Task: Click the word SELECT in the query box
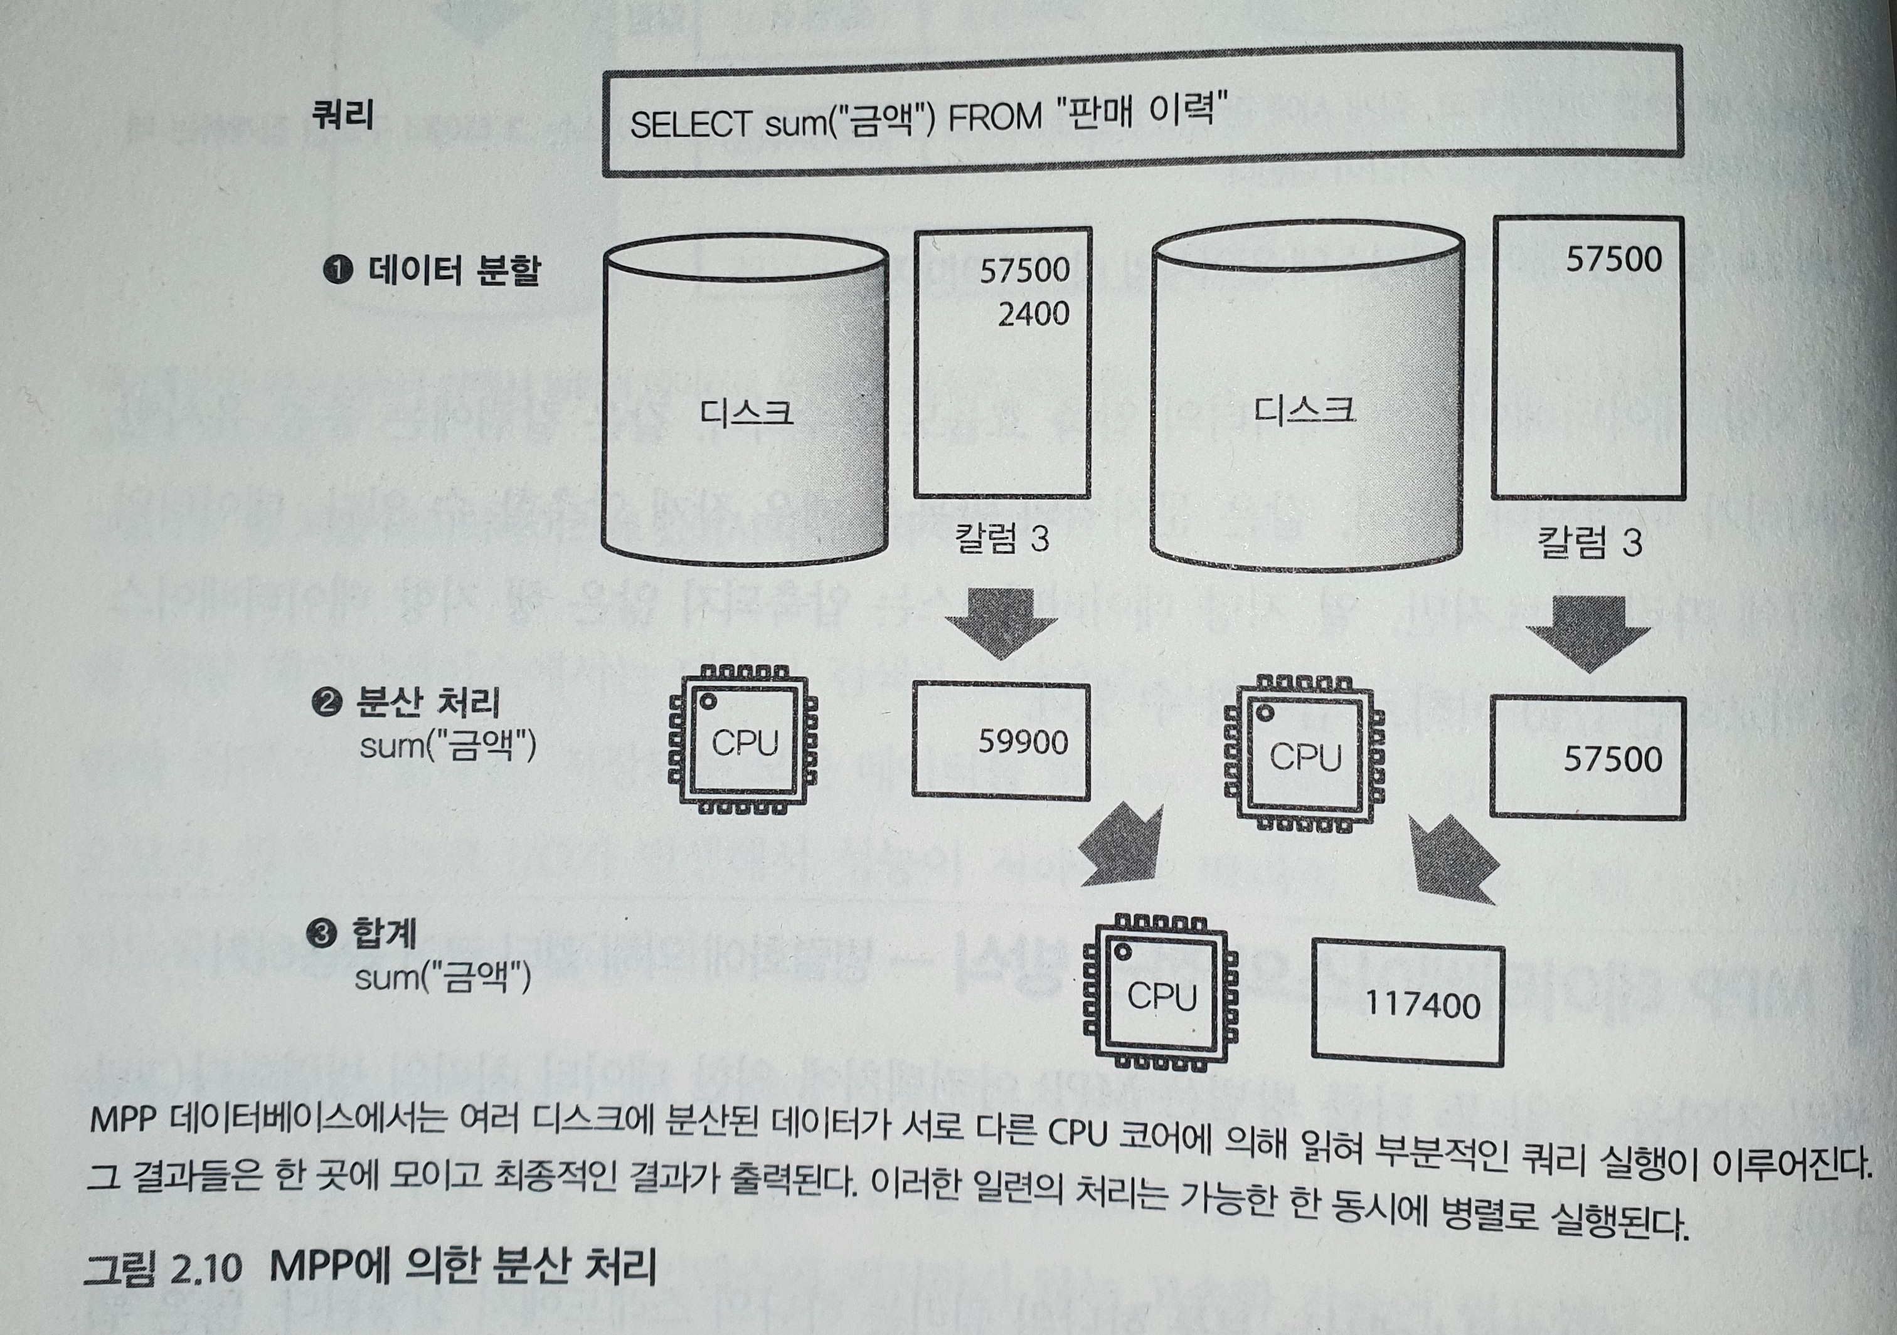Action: (x=689, y=125)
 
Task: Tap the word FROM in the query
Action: (x=995, y=117)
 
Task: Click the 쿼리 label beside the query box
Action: (x=342, y=115)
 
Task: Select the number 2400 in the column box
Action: (x=1033, y=314)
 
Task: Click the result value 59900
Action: (x=1023, y=742)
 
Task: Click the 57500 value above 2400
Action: (x=1024, y=270)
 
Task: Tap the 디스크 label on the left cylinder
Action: (x=746, y=412)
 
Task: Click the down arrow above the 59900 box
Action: (x=1001, y=620)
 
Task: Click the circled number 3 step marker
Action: (x=321, y=934)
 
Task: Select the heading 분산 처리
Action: (x=427, y=702)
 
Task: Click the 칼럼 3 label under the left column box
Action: (x=1001, y=539)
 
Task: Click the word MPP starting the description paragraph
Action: (x=122, y=1119)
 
